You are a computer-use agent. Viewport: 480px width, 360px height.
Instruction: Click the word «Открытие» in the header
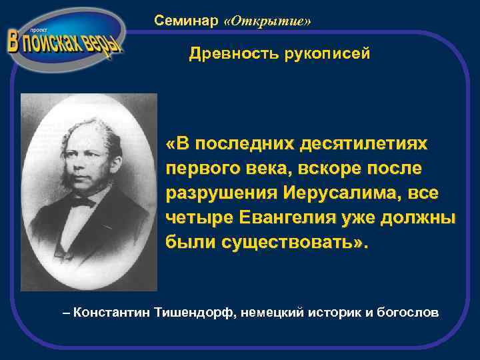pyautogui.click(x=268, y=21)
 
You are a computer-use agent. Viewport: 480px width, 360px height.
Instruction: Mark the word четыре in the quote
pyautogui.click(x=192, y=218)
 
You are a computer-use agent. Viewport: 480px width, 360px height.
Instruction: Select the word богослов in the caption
pyautogui.click(x=408, y=311)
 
